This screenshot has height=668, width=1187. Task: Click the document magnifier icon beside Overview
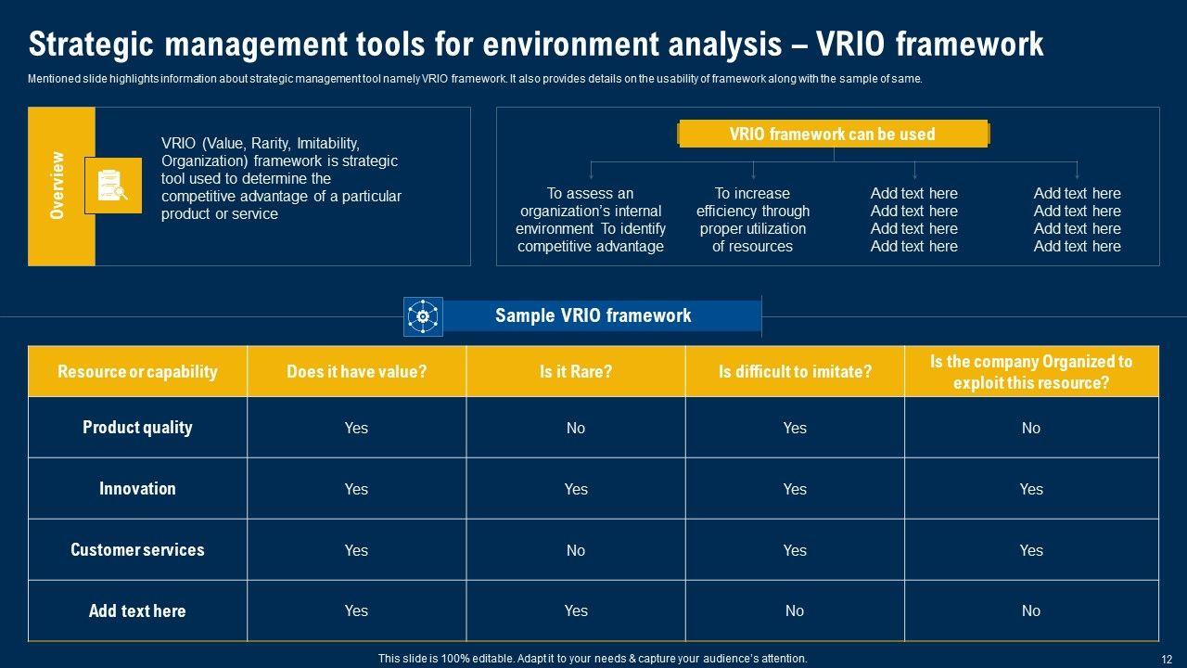point(113,186)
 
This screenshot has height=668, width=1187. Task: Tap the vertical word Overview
point(57,185)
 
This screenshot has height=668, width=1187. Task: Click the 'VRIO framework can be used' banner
point(833,134)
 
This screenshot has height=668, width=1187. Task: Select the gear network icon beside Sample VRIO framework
point(423,316)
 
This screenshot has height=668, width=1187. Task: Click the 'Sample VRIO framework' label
point(593,315)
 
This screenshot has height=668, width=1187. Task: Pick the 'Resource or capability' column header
point(138,371)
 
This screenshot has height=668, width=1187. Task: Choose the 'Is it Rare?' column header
point(576,371)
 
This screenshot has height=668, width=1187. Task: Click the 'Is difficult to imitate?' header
point(795,371)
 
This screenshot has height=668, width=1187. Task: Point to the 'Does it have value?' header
point(357,371)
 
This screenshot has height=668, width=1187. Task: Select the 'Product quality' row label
point(138,428)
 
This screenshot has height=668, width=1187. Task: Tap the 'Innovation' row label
point(138,488)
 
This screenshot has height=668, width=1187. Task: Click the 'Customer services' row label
point(138,550)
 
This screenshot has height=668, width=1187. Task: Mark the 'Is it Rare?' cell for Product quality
point(576,428)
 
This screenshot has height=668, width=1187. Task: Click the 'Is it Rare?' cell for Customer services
point(576,550)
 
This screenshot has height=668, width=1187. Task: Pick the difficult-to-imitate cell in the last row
point(795,610)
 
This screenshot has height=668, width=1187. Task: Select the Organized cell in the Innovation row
point(1031,489)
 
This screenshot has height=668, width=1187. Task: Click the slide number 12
point(1167,659)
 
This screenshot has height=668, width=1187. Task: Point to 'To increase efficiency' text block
point(752,220)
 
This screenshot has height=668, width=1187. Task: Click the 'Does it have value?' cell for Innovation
point(357,489)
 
